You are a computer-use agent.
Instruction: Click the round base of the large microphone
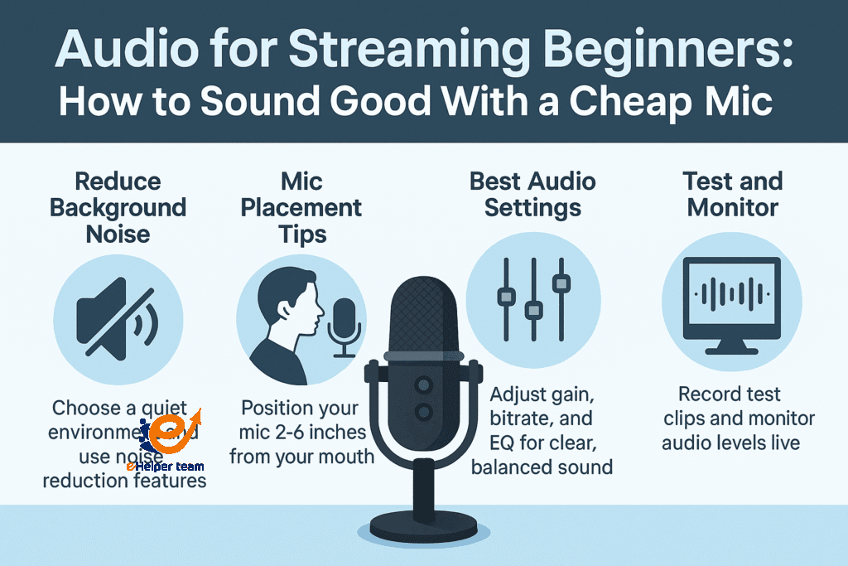coord(424,525)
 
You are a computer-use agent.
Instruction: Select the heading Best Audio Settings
coord(532,194)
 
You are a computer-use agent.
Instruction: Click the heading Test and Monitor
coord(732,194)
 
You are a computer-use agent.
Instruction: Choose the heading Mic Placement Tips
coord(301,208)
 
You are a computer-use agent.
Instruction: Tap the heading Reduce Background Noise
coord(118,208)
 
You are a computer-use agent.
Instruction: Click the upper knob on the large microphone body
coord(424,385)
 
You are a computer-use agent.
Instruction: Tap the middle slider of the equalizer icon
coord(532,308)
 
